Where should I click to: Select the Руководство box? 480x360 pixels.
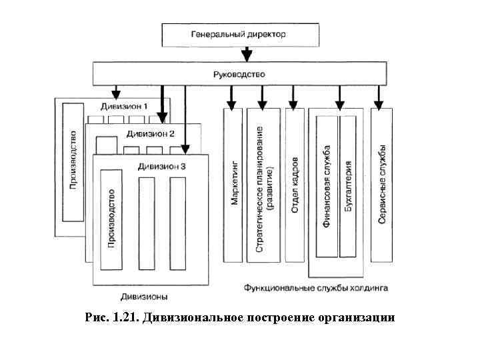[238, 73]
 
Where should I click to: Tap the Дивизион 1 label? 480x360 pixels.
[124, 107]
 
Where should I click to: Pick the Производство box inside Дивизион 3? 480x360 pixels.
[111, 219]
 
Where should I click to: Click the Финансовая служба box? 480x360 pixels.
[327, 186]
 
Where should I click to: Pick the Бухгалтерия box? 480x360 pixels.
[348, 186]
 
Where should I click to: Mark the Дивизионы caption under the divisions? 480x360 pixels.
[144, 296]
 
